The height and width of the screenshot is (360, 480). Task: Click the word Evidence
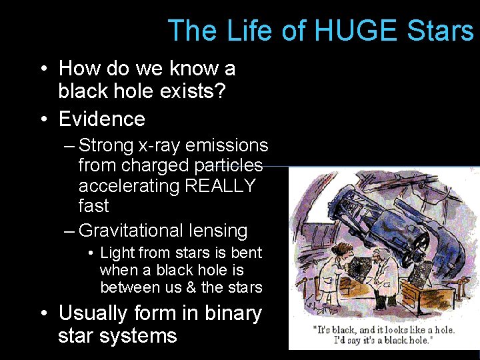pyautogui.click(x=102, y=119)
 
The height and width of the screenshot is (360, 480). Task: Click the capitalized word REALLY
pyautogui.click(x=220, y=185)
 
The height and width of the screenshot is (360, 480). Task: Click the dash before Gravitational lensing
pyautogui.click(x=69, y=231)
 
